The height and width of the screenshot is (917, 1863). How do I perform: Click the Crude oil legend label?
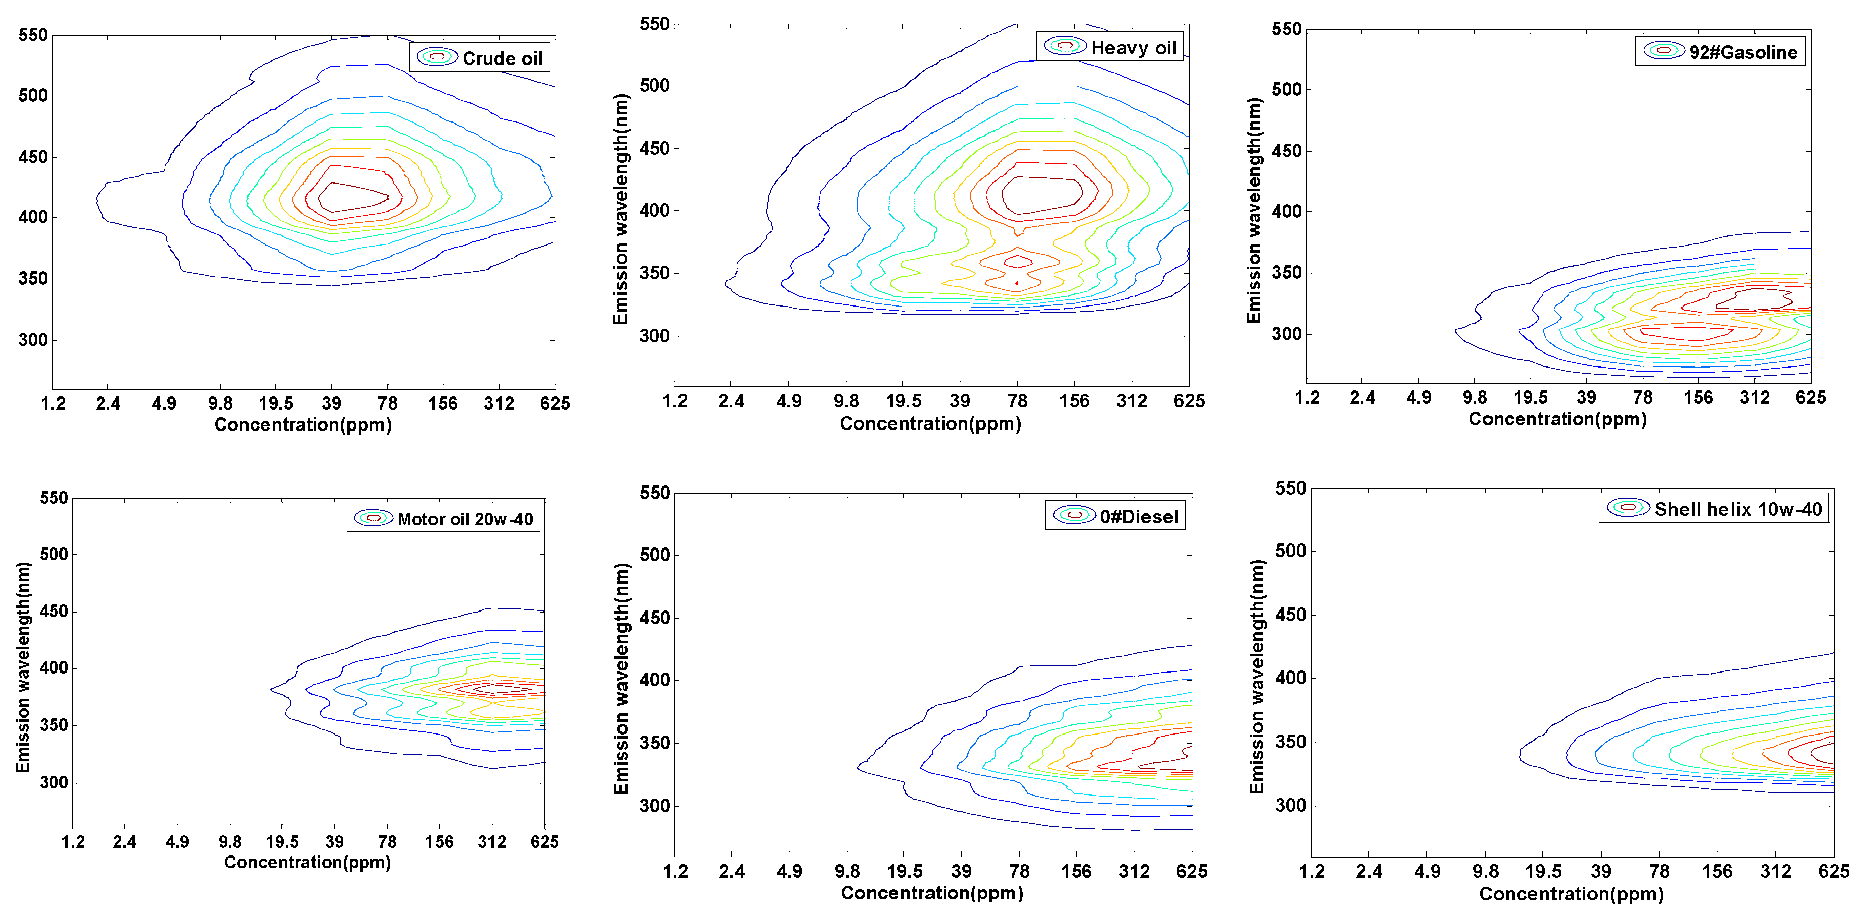coord(502,58)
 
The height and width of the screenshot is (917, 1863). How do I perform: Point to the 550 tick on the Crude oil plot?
coord(33,35)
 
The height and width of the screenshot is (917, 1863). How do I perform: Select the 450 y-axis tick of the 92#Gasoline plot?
coord(1286,151)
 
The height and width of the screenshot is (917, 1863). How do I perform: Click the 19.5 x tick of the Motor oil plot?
coord(282,842)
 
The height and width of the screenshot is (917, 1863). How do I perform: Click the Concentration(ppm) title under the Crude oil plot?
coord(303,425)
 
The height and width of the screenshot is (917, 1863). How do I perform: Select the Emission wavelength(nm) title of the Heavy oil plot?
coord(620,210)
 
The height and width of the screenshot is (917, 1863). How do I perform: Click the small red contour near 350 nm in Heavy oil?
coord(1018,261)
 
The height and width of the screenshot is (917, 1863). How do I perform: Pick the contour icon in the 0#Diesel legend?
coord(1074,515)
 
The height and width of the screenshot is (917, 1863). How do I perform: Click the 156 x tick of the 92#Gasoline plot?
coord(1697,398)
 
